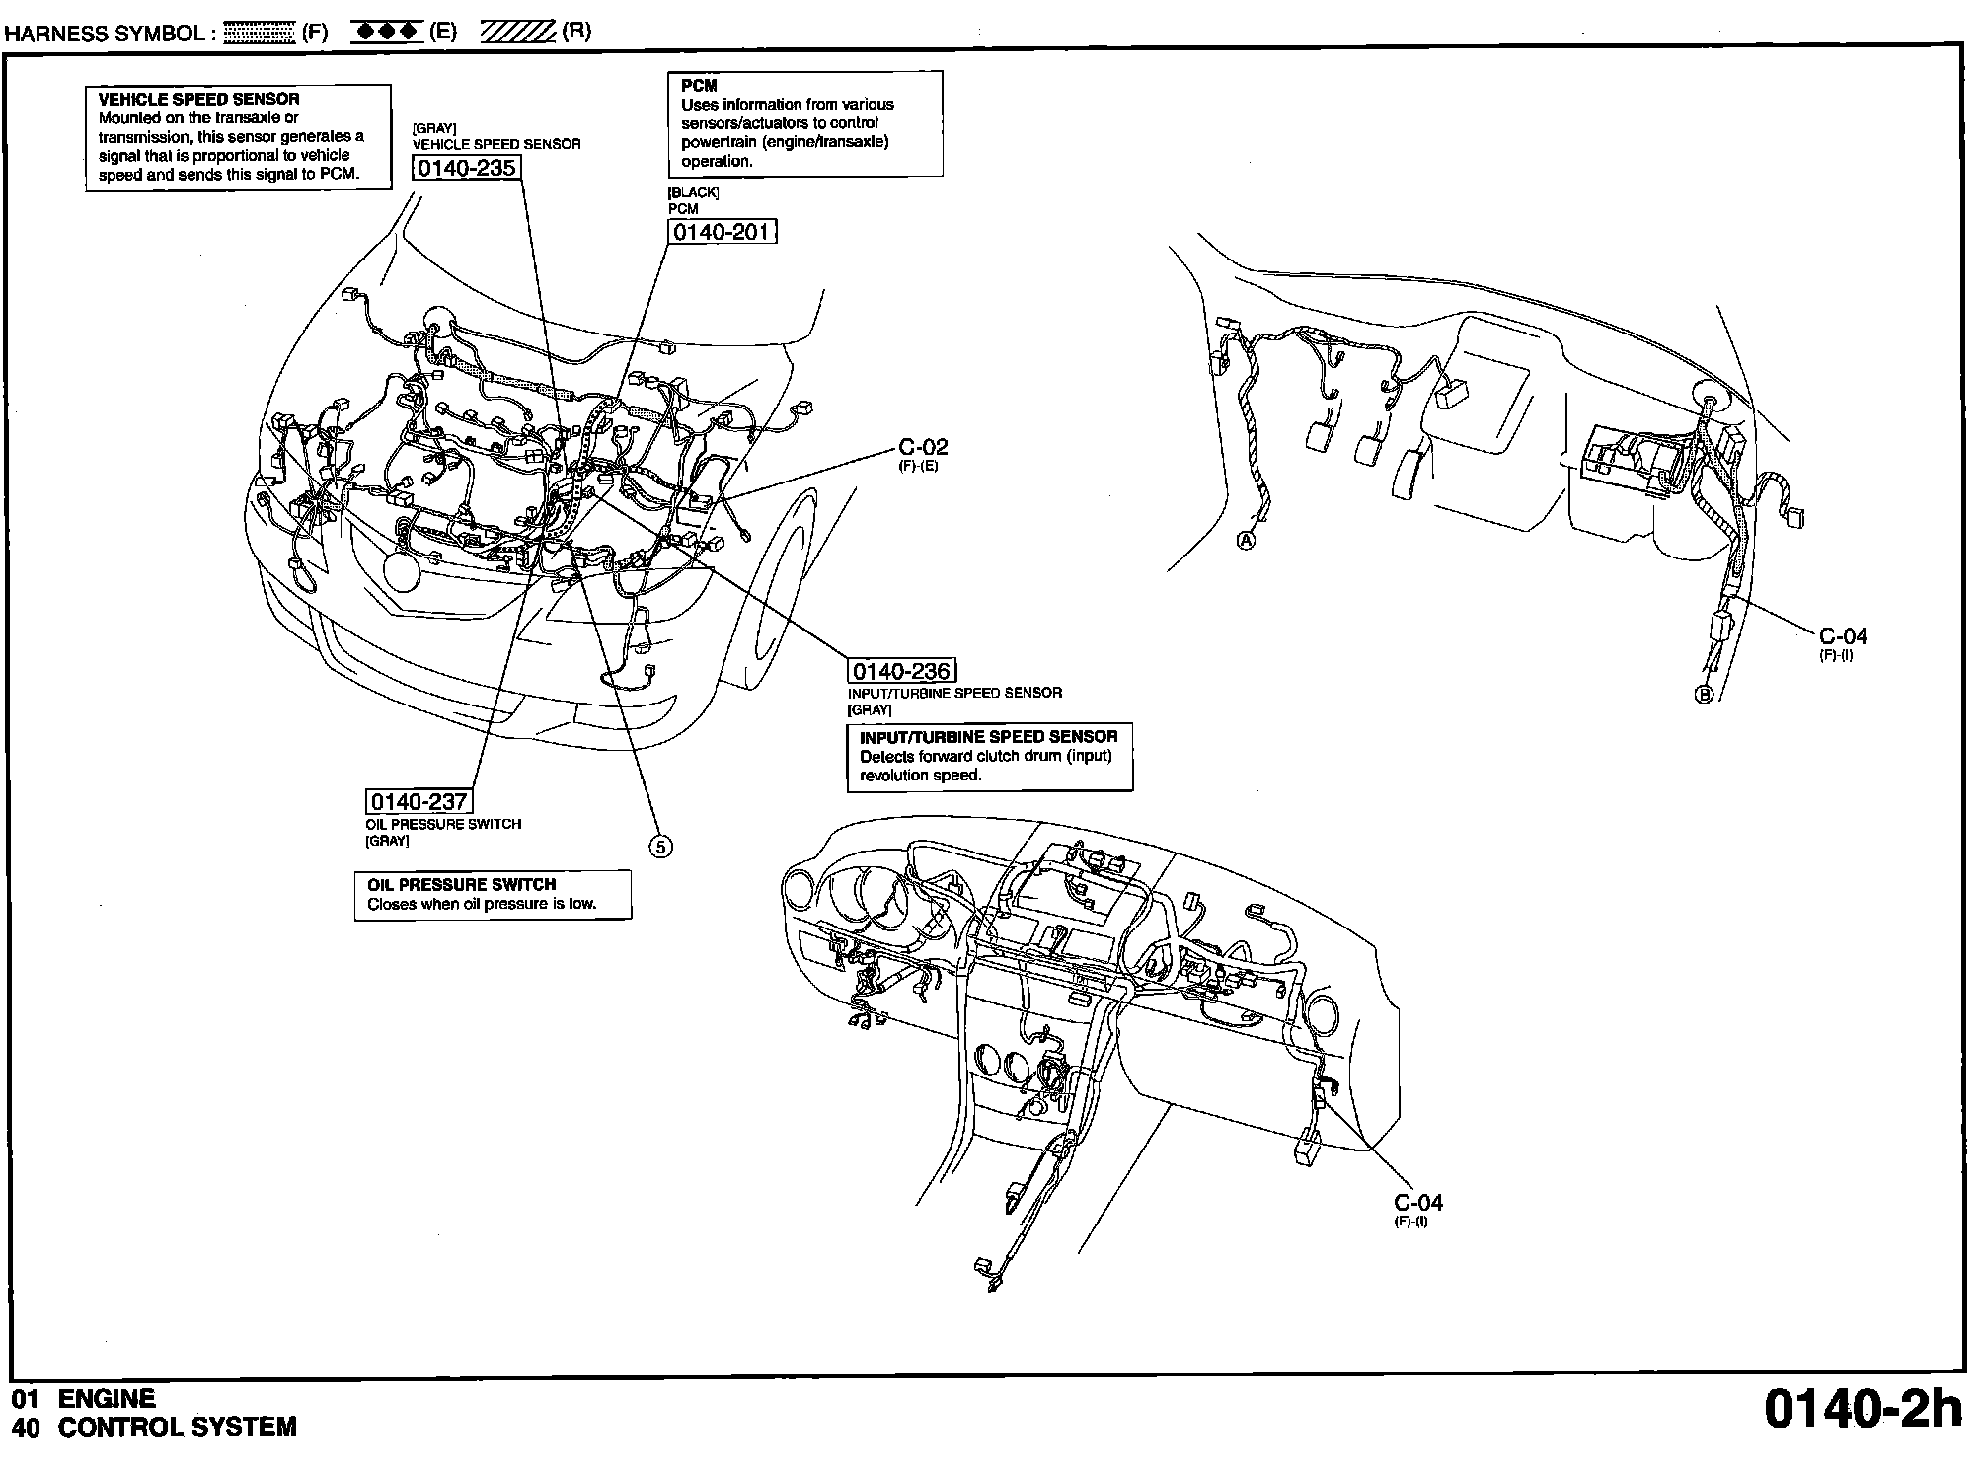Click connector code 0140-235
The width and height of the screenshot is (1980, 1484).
point(466,168)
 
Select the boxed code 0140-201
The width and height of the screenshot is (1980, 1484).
point(723,232)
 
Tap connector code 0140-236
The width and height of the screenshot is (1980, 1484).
point(901,672)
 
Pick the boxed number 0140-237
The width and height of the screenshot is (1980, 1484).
point(419,802)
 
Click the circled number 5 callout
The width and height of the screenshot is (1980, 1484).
point(661,847)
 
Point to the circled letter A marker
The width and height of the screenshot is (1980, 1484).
point(1247,541)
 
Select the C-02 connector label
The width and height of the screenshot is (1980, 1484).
point(923,448)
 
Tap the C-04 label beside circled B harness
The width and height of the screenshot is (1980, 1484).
point(1843,636)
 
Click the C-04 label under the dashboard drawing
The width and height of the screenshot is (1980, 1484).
point(1417,1203)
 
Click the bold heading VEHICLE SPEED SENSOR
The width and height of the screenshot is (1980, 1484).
point(198,99)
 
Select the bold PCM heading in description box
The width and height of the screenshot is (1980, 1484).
point(699,86)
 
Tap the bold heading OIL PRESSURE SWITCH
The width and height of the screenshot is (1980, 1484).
point(461,885)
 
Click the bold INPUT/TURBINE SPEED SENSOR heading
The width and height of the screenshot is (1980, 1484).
point(988,737)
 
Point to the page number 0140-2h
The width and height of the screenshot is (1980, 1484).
point(1863,1411)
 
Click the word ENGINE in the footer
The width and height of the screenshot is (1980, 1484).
point(107,1399)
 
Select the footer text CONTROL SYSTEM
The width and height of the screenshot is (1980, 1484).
point(178,1427)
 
